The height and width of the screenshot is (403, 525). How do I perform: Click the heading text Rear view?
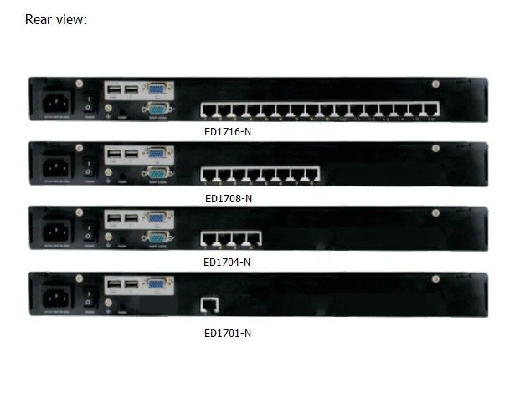[x=56, y=19]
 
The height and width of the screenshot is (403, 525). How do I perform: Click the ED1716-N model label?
[x=228, y=132]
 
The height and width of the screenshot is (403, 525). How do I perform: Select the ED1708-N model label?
[x=228, y=198]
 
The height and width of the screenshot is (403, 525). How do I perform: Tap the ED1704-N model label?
[x=227, y=262]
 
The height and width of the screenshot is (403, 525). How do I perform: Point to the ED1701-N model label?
[x=227, y=333]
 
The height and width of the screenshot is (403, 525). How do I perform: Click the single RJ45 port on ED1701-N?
[x=208, y=306]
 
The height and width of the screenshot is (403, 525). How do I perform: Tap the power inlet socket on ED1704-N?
[x=55, y=231]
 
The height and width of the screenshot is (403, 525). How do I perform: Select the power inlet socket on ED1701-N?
[x=55, y=296]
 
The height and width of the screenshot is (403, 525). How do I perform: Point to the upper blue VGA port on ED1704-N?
[x=157, y=217]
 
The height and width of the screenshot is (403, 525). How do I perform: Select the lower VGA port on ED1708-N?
[x=157, y=172]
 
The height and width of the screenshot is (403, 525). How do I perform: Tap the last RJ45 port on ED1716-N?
[x=431, y=110]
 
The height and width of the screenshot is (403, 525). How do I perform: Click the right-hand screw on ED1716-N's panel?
[x=435, y=84]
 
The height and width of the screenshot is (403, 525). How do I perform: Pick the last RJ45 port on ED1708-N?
[x=311, y=175]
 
